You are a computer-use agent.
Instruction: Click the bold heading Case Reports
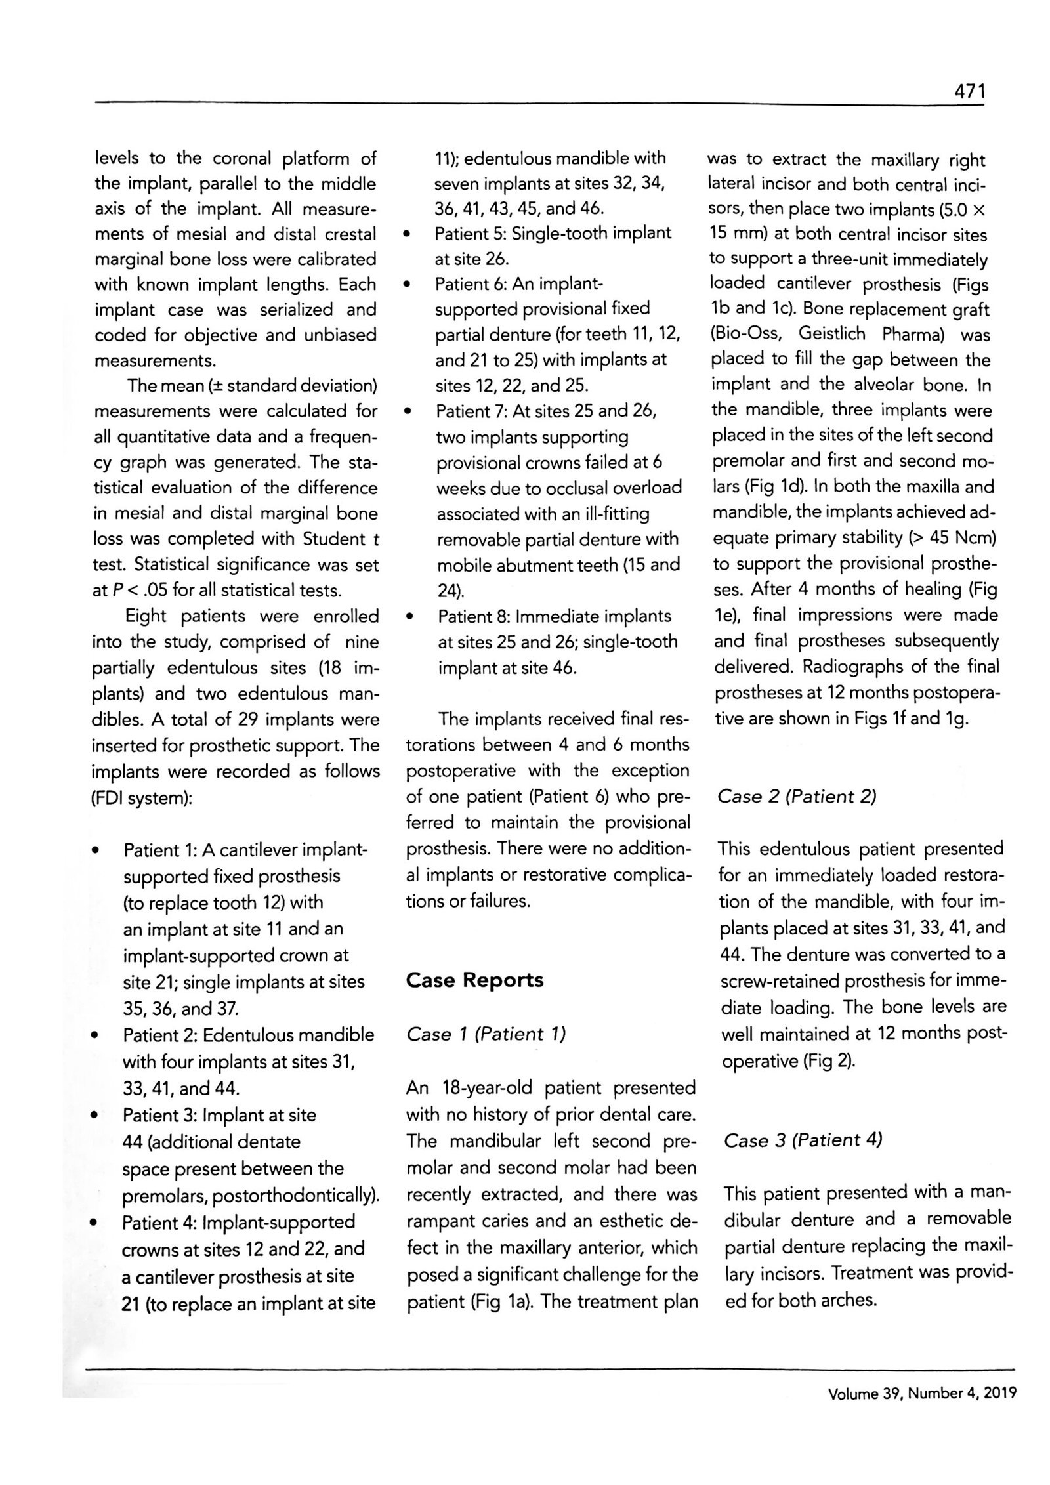[474, 980]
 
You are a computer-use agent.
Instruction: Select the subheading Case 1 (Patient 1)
[486, 1035]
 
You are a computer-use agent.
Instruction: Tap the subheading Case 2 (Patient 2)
[797, 797]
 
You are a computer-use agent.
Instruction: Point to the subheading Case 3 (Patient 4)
[803, 1140]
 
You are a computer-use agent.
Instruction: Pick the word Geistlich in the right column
[831, 334]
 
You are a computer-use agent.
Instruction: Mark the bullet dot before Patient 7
[409, 412]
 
